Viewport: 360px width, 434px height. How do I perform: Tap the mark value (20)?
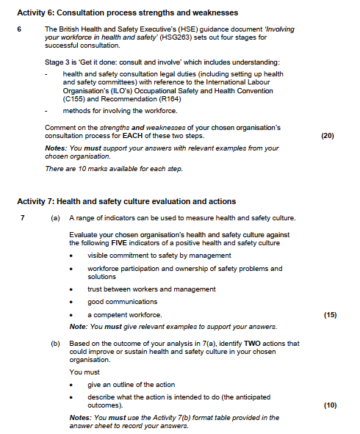328,136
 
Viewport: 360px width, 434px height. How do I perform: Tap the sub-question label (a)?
55,218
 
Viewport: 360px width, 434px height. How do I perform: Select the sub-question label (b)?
55,343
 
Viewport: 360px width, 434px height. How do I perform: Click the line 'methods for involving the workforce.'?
120,110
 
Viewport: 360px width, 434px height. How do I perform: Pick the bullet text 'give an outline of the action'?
132,385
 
